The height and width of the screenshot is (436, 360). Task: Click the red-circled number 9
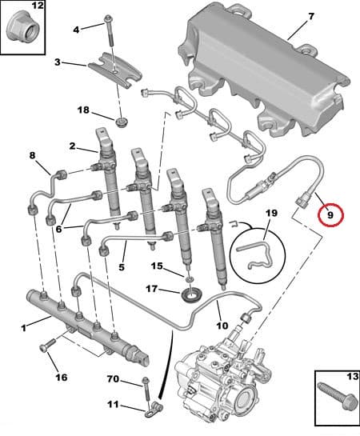click(329, 214)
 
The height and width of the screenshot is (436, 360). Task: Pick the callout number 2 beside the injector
click(72, 146)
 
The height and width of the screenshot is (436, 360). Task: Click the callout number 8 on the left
click(33, 155)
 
